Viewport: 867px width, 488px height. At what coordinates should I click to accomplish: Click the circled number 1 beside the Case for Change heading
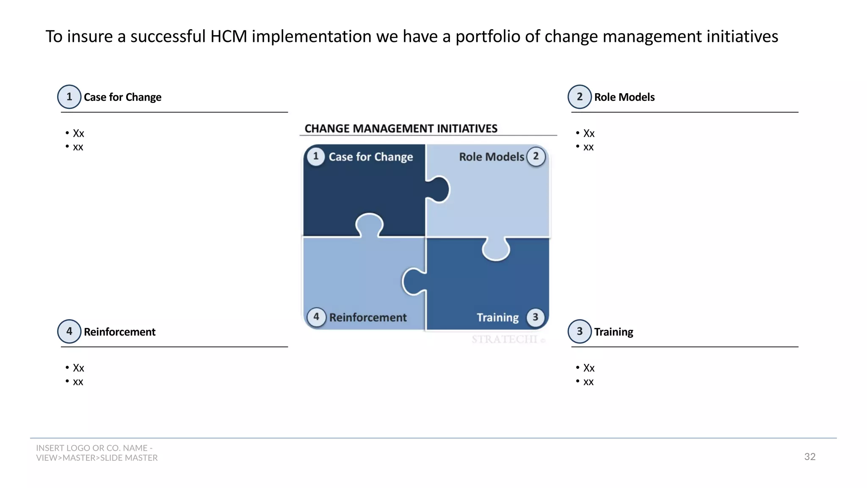click(x=69, y=97)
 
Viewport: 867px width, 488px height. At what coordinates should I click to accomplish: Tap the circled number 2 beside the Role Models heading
click(x=580, y=97)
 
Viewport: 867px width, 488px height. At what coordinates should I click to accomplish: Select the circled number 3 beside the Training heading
click(x=580, y=331)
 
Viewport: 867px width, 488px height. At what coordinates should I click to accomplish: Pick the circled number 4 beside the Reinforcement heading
click(x=69, y=331)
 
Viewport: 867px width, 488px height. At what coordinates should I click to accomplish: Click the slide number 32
click(x=809, y=457)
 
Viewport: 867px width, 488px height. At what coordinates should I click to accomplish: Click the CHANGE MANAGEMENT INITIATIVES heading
click(x=401, y=128)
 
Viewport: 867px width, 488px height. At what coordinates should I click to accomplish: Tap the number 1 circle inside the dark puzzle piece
click(x=316, y=156)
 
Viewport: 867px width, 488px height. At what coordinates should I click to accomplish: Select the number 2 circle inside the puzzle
click(x=536, y=156)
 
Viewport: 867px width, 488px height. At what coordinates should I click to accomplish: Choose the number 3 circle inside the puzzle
click(x=536, y=317)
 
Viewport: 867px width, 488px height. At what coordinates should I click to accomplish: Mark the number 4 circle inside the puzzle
click(x=316, y=317)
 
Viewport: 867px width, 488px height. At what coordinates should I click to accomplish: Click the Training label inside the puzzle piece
click(x=497, y=318)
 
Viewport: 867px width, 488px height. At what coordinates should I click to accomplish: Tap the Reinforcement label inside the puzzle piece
click(x=368, y=318)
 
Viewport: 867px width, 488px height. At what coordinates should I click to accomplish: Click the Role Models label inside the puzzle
click(x=491, y=157)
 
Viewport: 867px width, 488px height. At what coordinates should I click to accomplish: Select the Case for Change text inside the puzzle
click(x=371, y=157)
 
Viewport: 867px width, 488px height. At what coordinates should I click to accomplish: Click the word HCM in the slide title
click(x=229, y=36)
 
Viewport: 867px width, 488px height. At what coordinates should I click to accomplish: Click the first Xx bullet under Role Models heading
click(x=588, y=133)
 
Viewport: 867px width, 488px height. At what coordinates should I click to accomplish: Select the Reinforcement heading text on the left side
click(x=119, y=332)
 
